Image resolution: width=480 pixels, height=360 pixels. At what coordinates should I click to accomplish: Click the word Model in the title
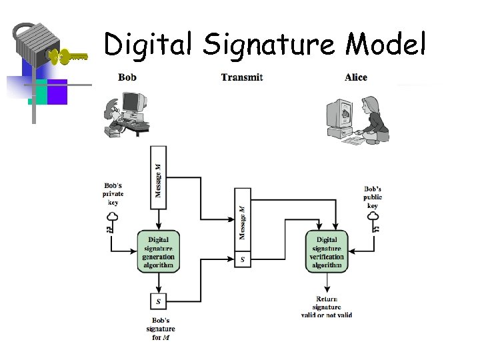[x=385, y=44]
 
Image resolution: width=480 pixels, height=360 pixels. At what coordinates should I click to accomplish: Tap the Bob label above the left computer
[x=127, y=77]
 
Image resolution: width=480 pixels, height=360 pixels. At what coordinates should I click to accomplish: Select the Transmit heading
[x=242, y=77]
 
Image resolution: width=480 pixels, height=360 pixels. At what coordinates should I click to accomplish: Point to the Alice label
[x=356, y=77]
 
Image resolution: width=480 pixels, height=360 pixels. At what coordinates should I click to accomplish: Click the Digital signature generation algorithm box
[x=158, y=251]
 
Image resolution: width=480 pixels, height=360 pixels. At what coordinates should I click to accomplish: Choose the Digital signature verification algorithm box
[x=327, y=251]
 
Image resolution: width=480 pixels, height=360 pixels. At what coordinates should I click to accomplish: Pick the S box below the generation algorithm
[x=158, y=301]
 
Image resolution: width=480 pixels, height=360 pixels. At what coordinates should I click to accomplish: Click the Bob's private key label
[x=113, y=193]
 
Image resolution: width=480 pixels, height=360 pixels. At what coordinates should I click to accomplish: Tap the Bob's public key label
[x=373, y=197]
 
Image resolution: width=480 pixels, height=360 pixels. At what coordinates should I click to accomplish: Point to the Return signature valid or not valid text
[x=326, y=307]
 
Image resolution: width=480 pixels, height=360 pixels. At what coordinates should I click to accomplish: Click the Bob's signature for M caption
[x=160, y=329]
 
